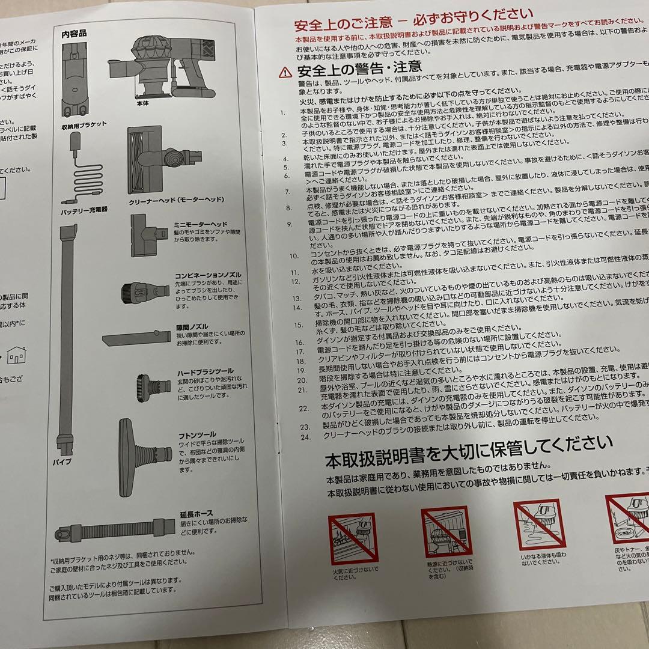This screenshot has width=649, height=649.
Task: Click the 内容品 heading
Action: click(75, 34)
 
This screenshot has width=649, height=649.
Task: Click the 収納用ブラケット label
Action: click(84, 124)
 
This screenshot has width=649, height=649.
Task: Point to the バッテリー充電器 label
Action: click(84, 209)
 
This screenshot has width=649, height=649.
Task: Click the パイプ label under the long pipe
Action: click(63, 462)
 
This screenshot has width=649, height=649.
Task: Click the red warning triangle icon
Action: click(284, 71)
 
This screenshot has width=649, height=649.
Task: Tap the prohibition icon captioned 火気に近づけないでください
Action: click(352, 538)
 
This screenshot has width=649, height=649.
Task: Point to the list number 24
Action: click(306, 436)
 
